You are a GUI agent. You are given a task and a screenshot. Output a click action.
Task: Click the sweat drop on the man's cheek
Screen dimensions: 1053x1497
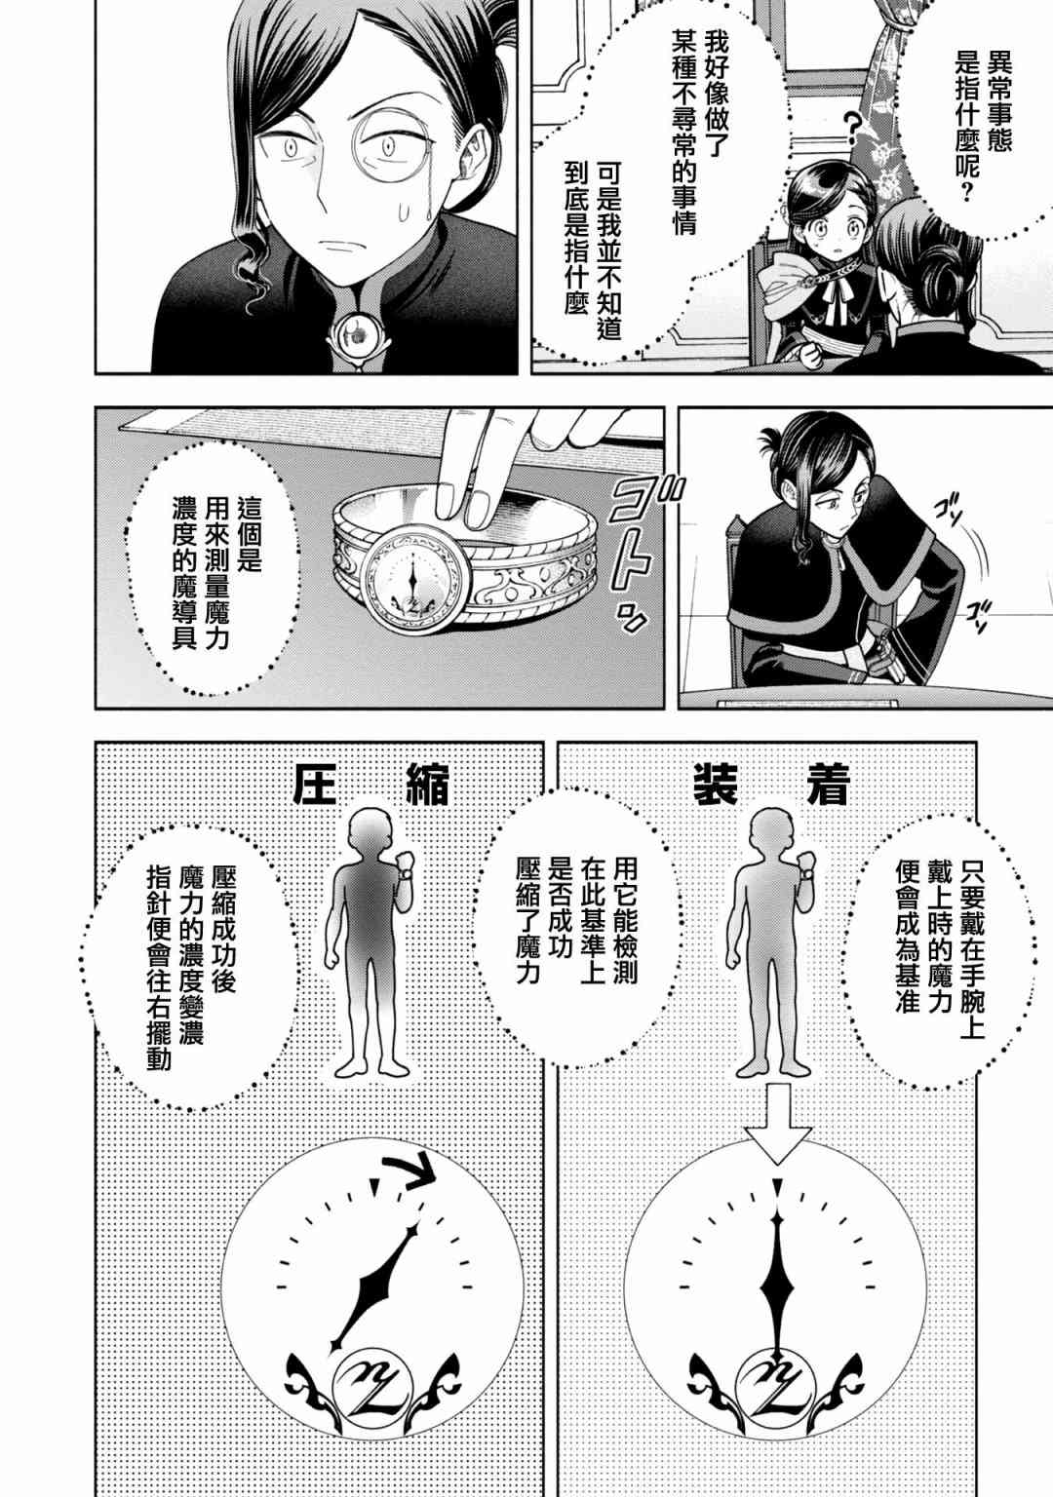tap(403, 213)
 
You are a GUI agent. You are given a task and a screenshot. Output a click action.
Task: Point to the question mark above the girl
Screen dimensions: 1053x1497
tap(853, 129)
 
